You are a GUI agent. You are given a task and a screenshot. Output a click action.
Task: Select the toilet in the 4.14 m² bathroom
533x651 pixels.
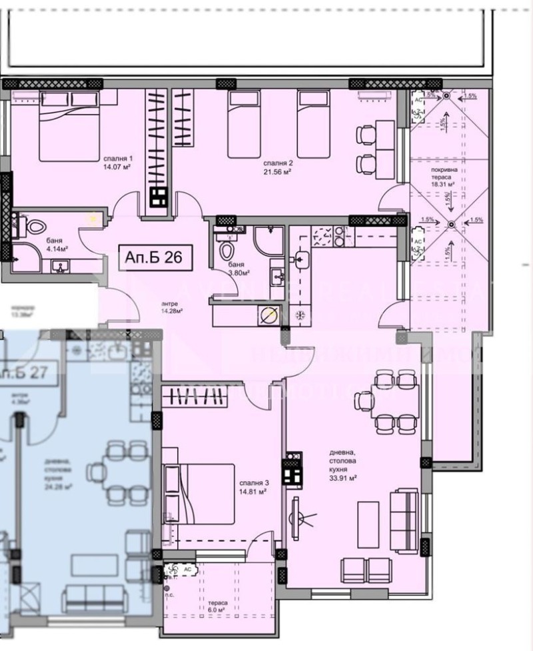point(26,225)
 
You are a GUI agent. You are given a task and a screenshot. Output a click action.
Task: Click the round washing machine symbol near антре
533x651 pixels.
point(270,318)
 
